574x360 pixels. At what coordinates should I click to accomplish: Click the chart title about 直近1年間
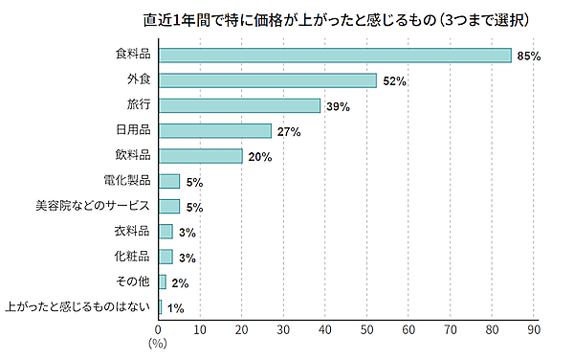click(316, 19)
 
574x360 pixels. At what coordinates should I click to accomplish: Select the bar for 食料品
click(334, 56)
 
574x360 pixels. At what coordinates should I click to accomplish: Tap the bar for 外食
click(267, 80)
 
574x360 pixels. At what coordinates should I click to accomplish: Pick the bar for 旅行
click(239, 105)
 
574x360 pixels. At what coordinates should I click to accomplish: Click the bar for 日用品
click(214, 130)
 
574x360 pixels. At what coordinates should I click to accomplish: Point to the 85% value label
click(529, 56)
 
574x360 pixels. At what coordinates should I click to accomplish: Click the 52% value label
click(394, 81)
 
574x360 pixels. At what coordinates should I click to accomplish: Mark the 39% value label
click(338, 106)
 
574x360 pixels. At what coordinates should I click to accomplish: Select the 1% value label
click(176, 308)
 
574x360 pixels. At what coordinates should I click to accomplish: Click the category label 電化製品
click(126, 181)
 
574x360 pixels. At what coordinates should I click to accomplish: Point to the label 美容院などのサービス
click(93, 206)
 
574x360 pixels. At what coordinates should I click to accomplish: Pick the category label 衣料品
click(132, 231)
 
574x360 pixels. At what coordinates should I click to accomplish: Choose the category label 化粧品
click(132, 257)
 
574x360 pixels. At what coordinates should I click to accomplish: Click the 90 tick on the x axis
click(534, 330)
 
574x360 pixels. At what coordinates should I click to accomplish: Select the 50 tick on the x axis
click(366, 330)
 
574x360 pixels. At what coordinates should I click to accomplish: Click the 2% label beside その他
click(180, 282)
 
